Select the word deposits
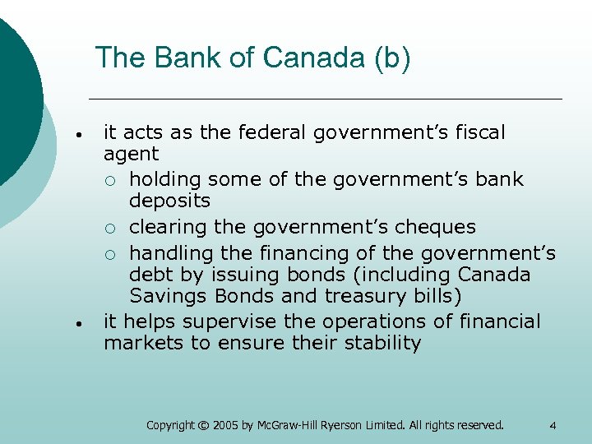(x=169, y=201)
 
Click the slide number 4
(x=553, y=425)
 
